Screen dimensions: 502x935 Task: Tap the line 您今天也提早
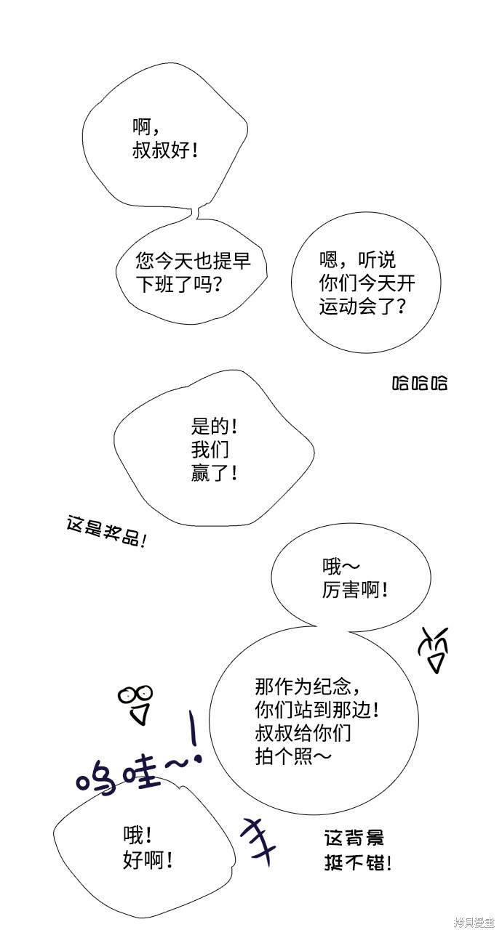tap(193, 261)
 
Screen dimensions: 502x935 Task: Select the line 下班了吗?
tap(179, 285)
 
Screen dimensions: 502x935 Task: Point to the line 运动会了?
tap(362, 307)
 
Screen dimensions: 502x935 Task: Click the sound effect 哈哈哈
tap(420, 383)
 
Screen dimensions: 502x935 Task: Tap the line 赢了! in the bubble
tap(215, 474)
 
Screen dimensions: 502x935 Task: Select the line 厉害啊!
tap(355, 590)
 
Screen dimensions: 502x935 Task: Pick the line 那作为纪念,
tap(308, 686)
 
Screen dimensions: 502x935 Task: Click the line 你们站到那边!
tap(317, 710)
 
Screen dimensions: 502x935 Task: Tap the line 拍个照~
tap(293, 756)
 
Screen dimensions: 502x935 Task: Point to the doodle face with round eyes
tap(136, 705)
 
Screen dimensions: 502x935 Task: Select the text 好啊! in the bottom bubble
tap(148, 860)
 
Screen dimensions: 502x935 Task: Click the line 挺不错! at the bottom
tap(358, 863)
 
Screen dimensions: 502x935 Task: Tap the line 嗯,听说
tap(357, 260)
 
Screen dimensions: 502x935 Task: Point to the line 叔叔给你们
tap(303, 733)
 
